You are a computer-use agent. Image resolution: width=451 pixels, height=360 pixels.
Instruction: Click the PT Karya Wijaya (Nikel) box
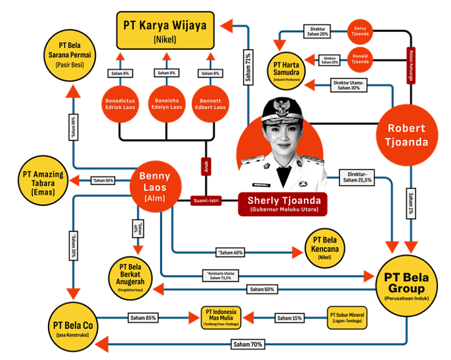(166, 30)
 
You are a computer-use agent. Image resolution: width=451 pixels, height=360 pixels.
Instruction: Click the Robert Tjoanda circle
(406, 134)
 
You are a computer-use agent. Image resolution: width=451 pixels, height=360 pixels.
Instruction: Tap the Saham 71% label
(248, 66)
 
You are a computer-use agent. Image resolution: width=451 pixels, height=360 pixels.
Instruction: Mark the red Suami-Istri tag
(205, 201)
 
